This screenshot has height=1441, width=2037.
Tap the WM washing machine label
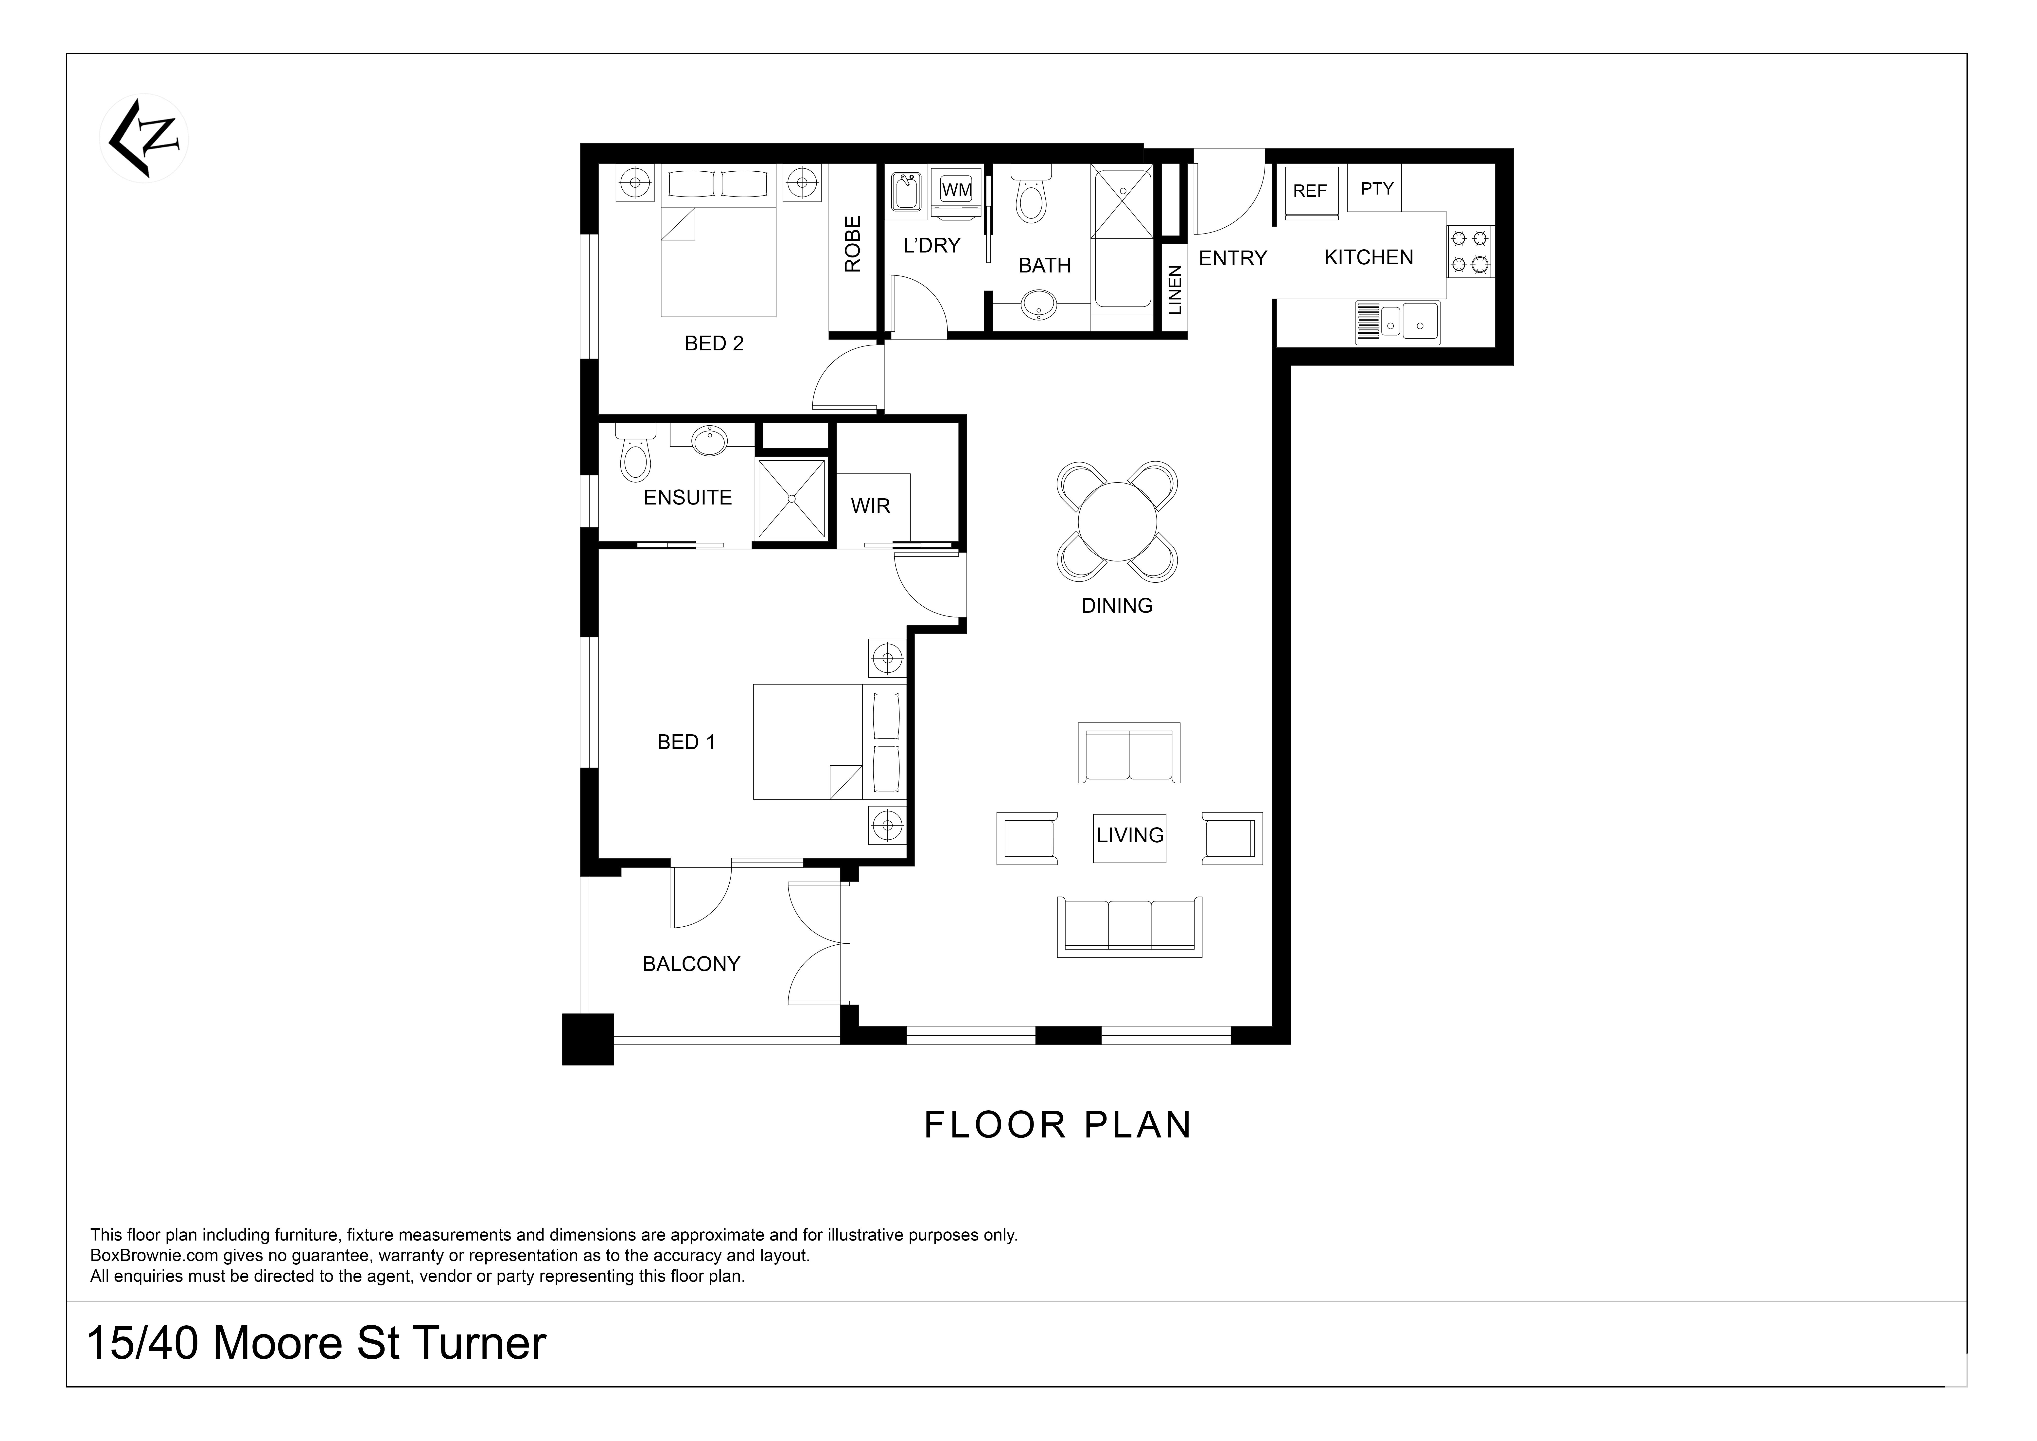click(956, 189)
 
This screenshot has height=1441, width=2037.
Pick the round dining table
click(1117, 520)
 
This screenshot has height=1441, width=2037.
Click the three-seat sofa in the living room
click(1129, 926)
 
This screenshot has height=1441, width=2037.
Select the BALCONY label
click(691, 964)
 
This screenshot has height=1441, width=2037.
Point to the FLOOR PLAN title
click(1057, 1125)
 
